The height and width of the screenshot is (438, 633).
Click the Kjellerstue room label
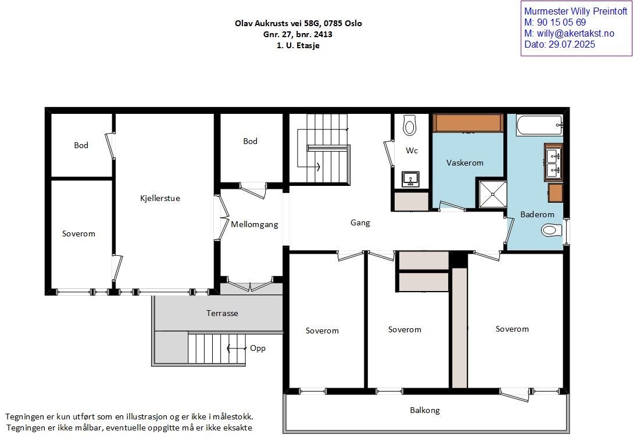[x=160, y=198]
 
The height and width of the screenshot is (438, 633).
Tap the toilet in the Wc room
[x=410, y=125]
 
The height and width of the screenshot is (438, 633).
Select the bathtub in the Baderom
[x=539, y=125]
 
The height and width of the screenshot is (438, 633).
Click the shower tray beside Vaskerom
[x=492, y=194]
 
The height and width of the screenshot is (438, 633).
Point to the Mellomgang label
[x=255, y=225]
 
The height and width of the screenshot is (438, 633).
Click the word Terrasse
[x=222, y=313]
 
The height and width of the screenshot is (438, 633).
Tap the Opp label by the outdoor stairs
[x=258, y=348]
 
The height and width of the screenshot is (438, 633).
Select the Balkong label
[x=425, y=410]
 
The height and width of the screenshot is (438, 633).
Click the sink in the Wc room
[x=410, y=179]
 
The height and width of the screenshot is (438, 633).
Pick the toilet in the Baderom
[x=552, y=230]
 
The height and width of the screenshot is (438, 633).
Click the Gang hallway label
[x=360, y=222]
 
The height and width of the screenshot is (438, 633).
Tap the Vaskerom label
[x=464, y=163]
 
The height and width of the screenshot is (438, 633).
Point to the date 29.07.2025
[x=571, y=44]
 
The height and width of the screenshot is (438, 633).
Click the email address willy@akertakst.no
[x=575, y=34]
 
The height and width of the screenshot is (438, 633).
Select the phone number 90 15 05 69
[x=561, y=22]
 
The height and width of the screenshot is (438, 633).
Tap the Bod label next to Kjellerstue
[x=81, y=145]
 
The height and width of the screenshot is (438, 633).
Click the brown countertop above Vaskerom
[x=468, y=123]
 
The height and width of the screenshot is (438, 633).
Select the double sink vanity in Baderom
[x=553, y=162]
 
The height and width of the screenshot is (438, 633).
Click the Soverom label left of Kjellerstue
[x=78, y=234]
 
